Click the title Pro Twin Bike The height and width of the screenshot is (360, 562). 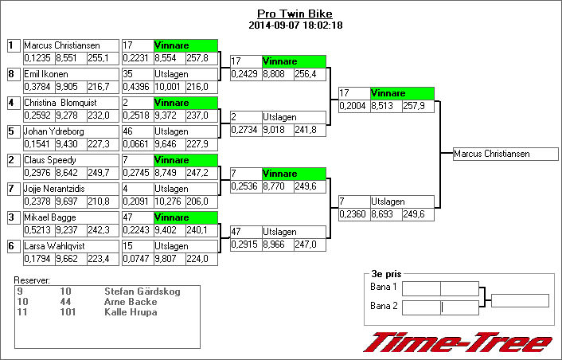point(295,14)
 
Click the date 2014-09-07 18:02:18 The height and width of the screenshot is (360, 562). point(295,25)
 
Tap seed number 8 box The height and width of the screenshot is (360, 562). point(11,74)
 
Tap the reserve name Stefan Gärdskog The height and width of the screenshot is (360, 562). point(142,292)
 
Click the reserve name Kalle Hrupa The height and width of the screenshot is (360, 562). point(131,312)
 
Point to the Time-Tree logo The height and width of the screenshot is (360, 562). point(458,342)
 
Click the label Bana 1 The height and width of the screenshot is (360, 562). point(384,287)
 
